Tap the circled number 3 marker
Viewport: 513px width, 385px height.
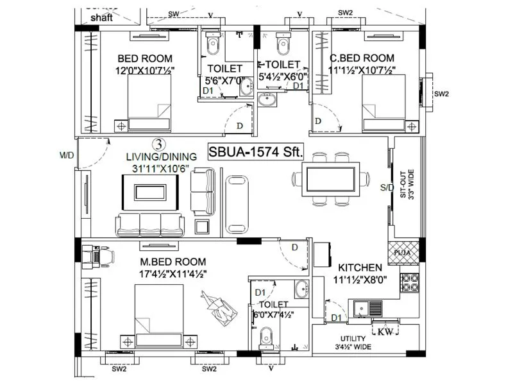(158, 144)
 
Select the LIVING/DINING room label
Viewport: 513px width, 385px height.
(153, 157)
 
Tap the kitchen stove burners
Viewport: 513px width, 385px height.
(409, 282)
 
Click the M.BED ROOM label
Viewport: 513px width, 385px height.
(173, 262)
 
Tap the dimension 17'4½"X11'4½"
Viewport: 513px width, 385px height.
(173, 273)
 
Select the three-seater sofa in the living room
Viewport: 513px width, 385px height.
(150, 224)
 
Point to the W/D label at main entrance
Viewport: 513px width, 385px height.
(67, 155)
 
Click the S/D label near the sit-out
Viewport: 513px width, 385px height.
(387, 187)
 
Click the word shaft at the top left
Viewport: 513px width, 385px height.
(101, 18)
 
